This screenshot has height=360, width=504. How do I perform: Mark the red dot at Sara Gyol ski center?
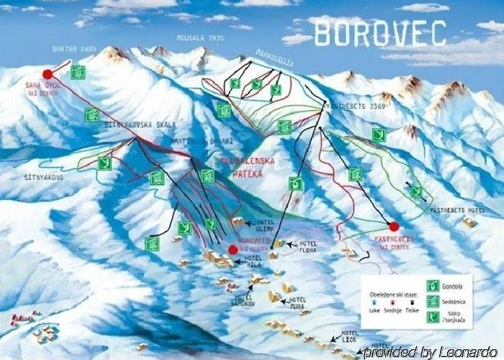click(x=48, y=73)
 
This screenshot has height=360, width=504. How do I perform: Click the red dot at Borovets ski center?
click(x=233, y=250)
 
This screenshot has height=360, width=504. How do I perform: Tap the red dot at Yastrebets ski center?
click(x=394, y=227)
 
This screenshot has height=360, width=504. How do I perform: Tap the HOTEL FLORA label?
click(x=308, y=248)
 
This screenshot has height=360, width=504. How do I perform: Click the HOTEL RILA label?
click(x=254, y=261)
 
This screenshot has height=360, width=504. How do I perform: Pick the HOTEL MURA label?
click(x=297, y=302)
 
